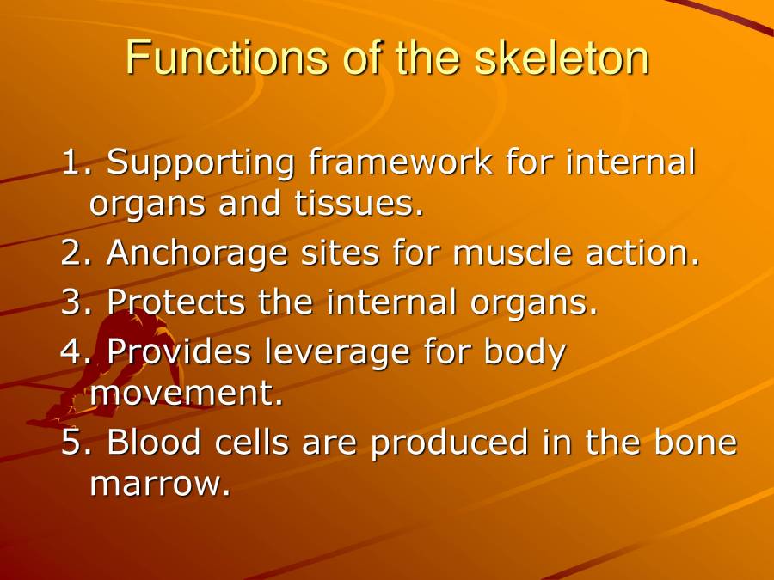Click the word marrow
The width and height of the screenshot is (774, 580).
pyautogui.click(x=160, y=485)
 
